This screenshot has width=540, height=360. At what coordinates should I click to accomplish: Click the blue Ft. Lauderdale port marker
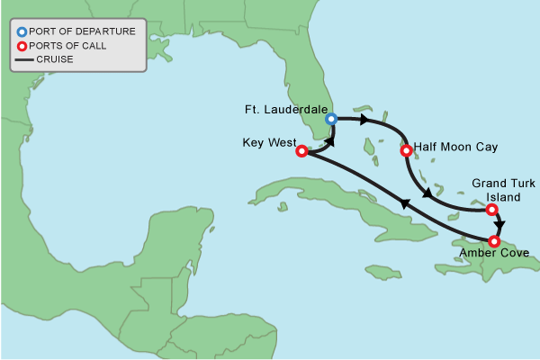click(x=331, y=119)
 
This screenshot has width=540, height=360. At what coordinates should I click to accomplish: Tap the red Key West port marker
click(x=301, y=151)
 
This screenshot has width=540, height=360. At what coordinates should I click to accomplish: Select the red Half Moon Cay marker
click(x=405, y=149)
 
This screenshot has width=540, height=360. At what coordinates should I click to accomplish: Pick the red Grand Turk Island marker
click(x=491, y=210)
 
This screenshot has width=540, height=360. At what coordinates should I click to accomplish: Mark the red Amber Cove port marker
click(x=494, y=241)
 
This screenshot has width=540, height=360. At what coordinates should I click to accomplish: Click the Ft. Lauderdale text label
click(x=286, y=109)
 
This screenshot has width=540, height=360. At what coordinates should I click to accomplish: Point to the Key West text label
click(x=267, y=141)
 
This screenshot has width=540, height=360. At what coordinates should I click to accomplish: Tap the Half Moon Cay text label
click(x=456, y=146)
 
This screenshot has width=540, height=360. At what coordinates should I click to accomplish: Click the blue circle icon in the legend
click(x=22, y=31)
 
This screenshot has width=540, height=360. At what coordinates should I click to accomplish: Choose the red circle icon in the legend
click(x=22, y=45)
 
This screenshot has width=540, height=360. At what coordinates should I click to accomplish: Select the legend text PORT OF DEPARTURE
click(x=82, y=31)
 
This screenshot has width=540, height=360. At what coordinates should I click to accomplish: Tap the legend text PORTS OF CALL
click(x=67, y=45)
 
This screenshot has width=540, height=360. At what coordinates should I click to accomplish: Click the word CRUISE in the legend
click(x=55, y=59)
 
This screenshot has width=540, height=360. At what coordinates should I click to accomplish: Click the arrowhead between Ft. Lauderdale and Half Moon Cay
click(x=364, y=120)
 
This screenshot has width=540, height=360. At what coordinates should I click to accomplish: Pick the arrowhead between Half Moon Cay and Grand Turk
click(x=424, y=193)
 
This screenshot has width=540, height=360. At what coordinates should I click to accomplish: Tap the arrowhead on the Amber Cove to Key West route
click(x=404, y=205)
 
